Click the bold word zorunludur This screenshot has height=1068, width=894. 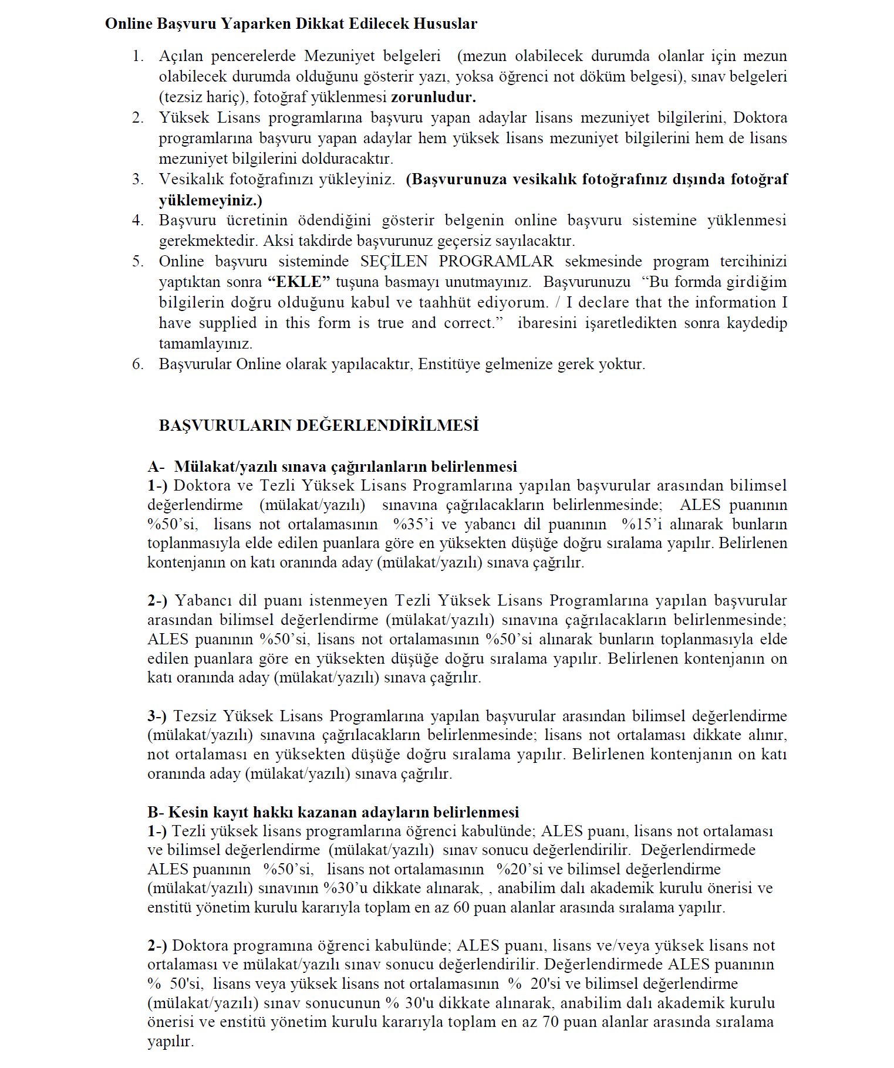pyautogui.click(x=433, y=97)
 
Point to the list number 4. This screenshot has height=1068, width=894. pyautogui.click(x=137, y=220)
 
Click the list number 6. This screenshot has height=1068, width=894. pyautogui.click(x=137, y=364)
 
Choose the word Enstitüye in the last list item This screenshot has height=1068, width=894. pyautogui.click(x=453, y=364)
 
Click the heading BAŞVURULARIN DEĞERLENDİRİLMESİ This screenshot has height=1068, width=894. pyautogui.click(x=319, y=425)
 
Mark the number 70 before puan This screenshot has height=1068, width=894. pyautogui.click(x=550, y=1022)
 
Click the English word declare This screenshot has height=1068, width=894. pyautogui.click(x=612, y=302)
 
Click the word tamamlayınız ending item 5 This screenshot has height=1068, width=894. pyautogui.click(x=205, y=343)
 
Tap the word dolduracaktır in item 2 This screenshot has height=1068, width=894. pyautogui.click(x=347, y=158)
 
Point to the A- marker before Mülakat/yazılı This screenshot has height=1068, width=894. pyautogui.click(x=156, y=467)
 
